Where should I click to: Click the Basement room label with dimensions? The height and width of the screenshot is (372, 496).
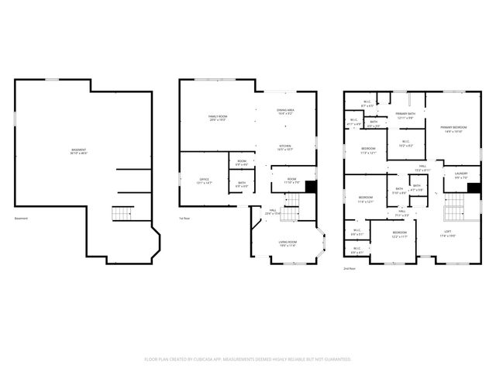click(x=79, y=151)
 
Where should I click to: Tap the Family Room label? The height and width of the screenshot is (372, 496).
click(x=218, y=119)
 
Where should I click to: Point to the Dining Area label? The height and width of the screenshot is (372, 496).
click(x=285, y=112)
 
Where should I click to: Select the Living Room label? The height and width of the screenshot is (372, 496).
click(x=288, y=244)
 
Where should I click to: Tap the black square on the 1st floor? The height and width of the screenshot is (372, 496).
click(x=311, y=187)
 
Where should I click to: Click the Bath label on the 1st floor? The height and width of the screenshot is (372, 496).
click(x=242, y=184)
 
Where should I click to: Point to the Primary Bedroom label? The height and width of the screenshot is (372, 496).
click(x=453, y=129)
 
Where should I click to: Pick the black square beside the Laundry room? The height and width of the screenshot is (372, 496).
click(x=474, y=187)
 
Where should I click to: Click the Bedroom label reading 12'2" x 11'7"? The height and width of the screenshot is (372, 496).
click(x=399, y=234)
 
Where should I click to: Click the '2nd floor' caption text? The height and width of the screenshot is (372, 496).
click(x=349, y=268)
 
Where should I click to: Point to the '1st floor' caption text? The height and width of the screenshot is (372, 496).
click(x=184, y=219)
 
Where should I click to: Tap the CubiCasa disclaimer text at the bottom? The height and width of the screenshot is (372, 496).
click(x=248, y=360)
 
